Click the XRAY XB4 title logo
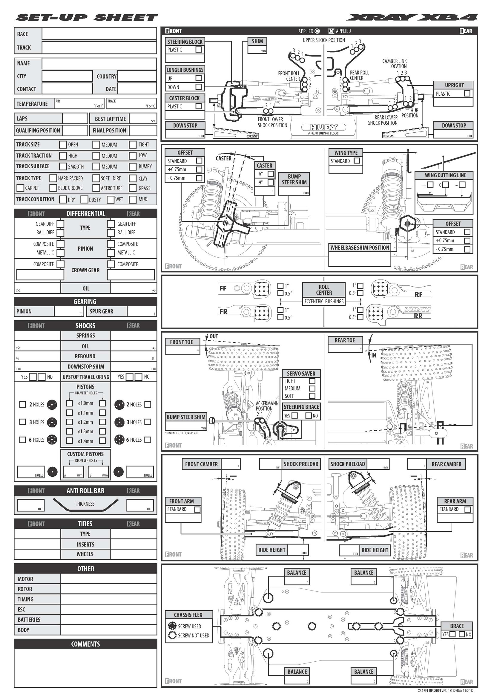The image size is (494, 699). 412,18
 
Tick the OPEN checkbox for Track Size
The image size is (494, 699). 63,145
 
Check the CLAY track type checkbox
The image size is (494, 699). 133,178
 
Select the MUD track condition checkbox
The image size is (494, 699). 133,200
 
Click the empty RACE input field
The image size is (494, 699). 99,34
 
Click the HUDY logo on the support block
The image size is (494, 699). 324,127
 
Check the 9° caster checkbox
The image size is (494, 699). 270,182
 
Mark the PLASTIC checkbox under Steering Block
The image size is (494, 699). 199,50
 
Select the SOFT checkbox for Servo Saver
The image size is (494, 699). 312,396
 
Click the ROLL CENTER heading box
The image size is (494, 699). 324,290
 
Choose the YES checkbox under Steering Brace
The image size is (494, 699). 294,416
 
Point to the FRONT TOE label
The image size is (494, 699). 181,342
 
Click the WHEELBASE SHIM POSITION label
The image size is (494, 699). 360,247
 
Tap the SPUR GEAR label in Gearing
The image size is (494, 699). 101,311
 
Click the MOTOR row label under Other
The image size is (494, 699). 26,579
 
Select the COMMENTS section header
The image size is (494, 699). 85,644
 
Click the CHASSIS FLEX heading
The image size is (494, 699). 188,615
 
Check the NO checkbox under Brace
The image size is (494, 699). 462,634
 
